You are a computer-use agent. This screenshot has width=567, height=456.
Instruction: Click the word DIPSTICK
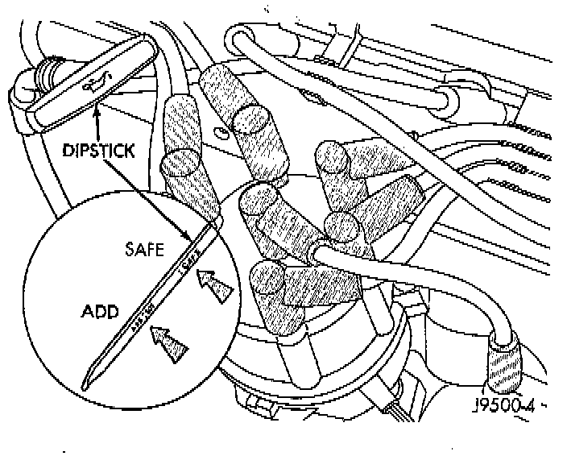pos(97,149)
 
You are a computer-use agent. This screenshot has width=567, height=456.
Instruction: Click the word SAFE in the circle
pos(145,251)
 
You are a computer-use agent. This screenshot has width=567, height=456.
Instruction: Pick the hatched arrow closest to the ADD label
pos(168,343)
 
